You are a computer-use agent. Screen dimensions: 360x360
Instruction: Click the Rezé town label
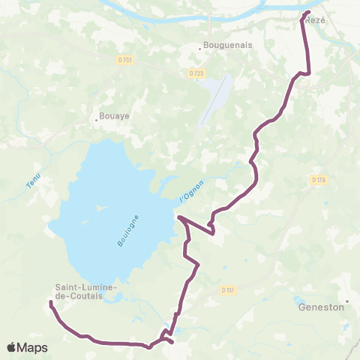(x=316, y=22)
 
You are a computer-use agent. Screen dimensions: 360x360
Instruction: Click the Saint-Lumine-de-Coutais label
(x=83, y=291)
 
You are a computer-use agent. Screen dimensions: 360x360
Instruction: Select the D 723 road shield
(x=196, y=73)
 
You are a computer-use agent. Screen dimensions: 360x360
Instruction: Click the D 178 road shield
(x=318, y=179)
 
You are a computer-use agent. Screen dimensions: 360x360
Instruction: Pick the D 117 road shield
(x=229, y=289)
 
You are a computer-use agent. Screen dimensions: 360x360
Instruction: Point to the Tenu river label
(x=33, y=180)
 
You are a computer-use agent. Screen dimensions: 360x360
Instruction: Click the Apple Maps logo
(x=27, y=347)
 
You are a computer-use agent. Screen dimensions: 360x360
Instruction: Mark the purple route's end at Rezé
(x=307, y=13)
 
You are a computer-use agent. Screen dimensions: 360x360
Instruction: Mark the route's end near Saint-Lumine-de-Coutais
(x=50, y=303)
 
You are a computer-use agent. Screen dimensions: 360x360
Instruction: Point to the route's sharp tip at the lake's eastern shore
(x=178, y=218)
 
